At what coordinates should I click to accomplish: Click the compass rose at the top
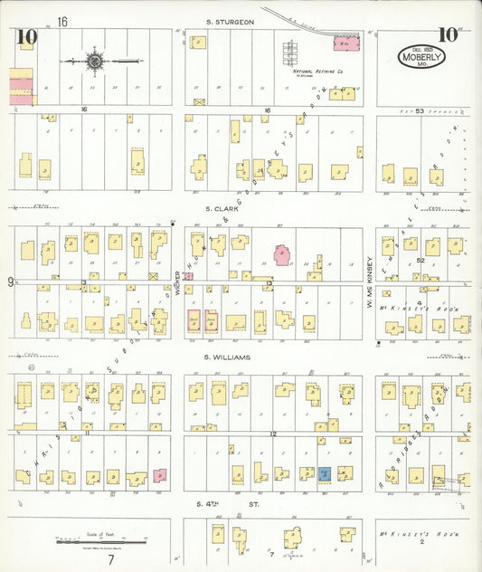(x=95, y=61)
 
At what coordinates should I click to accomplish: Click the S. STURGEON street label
(x=229, y=21)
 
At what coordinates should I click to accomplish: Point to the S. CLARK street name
(x=221, y=208)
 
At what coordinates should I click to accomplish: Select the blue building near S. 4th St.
(x=324, y=473)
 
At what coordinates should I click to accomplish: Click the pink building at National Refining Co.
(x=343, y=43)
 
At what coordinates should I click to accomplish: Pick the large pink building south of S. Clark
(x=282, y=254)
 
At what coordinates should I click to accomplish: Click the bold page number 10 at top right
(x=447, y=34)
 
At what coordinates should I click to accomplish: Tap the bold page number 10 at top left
(x=25, y=36)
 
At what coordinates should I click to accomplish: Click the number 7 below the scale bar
(x=110, y=559)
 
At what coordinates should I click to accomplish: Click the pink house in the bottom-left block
(x=159, y=475)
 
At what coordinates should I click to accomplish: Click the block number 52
(x=420, y=260)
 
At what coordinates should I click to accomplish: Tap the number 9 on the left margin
(x=11, y=281)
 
